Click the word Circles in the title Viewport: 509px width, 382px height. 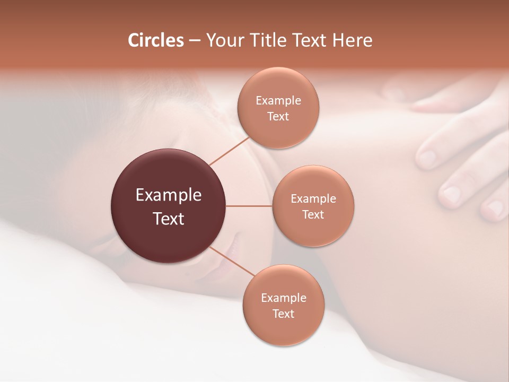click(x=155, y=40)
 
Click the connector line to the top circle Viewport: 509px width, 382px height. click(x=230, y=151)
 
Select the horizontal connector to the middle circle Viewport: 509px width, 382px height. click(x=249, y=206)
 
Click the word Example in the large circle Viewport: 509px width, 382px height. click(x=169, y=195)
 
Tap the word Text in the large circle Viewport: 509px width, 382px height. click(x=169, y=219)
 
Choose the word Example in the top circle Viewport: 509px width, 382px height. click(x=278, y=101)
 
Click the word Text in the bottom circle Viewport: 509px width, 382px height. click(x=283, y=314)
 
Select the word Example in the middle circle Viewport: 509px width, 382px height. click(x=313, y=199)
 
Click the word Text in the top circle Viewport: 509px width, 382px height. click(x=278, y=117)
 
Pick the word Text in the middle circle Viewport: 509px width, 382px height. click(x=313, y=215)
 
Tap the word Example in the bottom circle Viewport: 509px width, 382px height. click(x=284, y=298)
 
